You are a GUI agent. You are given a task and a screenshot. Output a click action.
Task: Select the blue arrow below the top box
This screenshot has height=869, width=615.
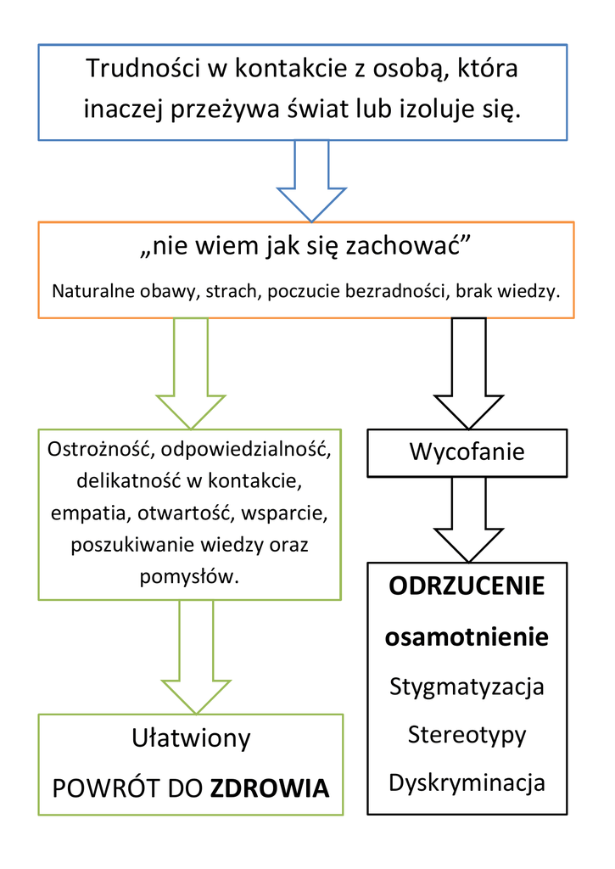(x=311, y=181)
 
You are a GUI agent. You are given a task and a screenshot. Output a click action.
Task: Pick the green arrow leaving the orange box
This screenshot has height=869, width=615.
(x=191, y=373)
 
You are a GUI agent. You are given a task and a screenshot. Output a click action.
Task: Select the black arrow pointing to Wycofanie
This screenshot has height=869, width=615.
(x=469, y=373)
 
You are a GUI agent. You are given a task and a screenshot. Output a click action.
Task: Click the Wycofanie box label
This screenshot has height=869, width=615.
(x=467, y=451)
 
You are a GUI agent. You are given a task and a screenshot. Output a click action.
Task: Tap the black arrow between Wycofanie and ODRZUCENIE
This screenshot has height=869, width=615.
(x=469, y=520)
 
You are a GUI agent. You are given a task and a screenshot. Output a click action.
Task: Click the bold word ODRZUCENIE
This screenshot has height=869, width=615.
(x=467, y=586)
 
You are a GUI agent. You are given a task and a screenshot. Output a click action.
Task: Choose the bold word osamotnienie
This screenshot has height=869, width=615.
(x=467, y=636)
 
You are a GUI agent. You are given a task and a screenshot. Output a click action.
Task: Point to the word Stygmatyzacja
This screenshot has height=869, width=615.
(x=467, y=687)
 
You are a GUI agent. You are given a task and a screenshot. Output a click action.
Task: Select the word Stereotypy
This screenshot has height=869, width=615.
(x=467, y=736)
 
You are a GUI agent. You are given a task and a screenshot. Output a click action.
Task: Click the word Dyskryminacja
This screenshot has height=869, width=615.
(x=467, y=783)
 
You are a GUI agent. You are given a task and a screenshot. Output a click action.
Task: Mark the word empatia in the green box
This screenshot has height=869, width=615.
(x=89, y=513)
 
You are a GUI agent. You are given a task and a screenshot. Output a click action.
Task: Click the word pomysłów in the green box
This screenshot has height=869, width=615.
(x=189, y=577)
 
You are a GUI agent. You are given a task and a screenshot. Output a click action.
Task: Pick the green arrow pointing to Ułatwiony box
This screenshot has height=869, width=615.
(x=196, y=658)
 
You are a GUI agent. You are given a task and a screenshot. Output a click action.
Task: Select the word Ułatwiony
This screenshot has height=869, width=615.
(x=191, y=738)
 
